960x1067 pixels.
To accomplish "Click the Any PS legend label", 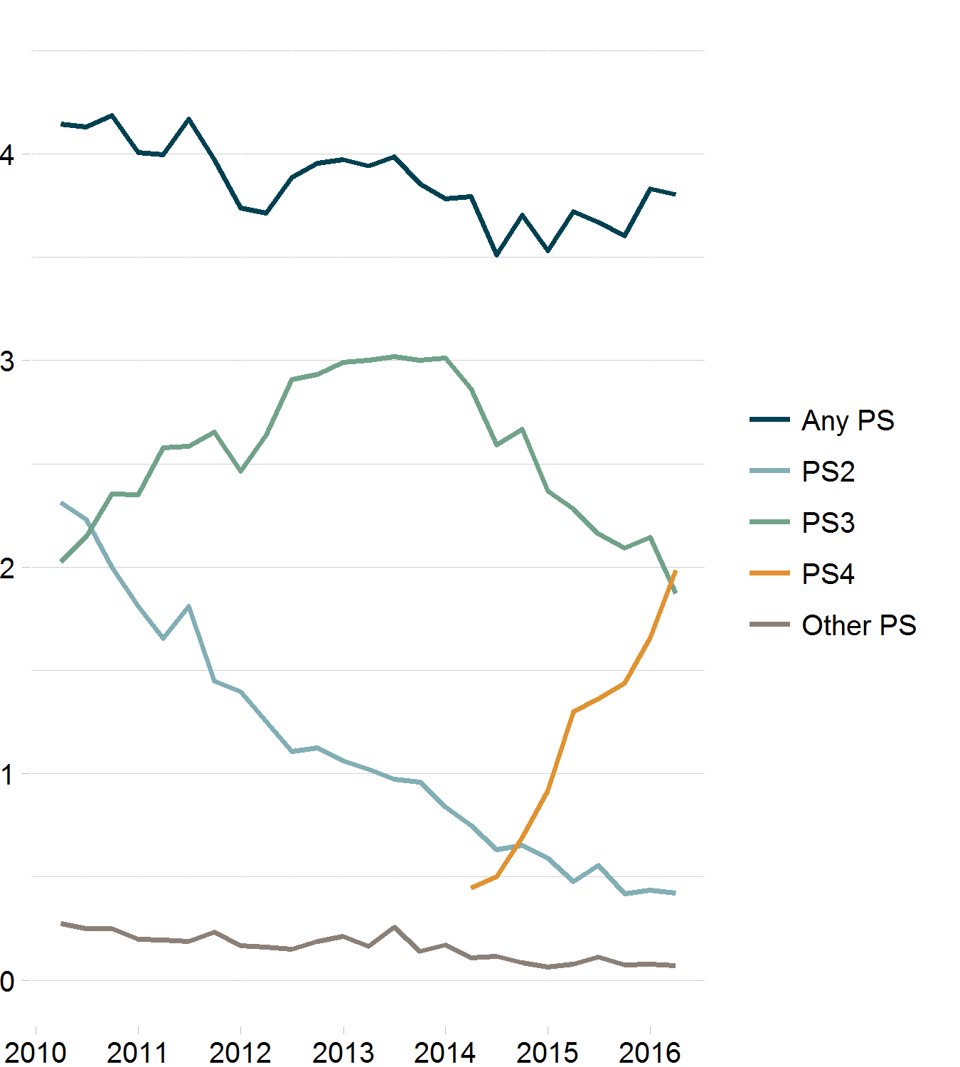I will point(847,420).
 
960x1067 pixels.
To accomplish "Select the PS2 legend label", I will point(828,472).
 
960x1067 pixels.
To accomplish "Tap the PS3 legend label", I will point(828,523).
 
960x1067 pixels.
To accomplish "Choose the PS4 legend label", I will point(828,574).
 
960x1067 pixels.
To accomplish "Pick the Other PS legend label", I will point(858,625).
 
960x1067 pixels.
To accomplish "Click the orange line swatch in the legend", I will point(769,573).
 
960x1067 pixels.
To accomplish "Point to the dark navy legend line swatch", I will point(769,420).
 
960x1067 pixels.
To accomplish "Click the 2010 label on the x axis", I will point(36,1052).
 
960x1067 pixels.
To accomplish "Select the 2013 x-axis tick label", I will point(343,1052).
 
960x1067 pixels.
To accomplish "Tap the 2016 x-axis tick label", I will point(650,1052).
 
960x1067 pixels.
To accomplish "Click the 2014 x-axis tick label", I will point(445,1052).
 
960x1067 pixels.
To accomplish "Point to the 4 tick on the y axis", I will point(7,154).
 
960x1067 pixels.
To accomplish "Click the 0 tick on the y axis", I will point(7,981).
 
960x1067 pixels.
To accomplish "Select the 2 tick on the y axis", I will point(7,568).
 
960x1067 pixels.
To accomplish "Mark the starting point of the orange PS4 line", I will point(471,888).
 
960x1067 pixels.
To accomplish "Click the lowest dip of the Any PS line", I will point(496,255).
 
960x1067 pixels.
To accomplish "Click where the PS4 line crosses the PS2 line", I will point(519,844).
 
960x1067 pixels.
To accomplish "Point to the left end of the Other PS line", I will point(62,923).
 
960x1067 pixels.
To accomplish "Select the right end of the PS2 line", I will point(675,893).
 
